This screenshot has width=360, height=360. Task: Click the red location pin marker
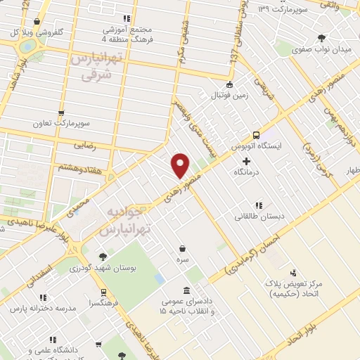[x=181, y=165]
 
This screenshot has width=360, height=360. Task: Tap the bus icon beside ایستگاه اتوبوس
[x=256, y=135]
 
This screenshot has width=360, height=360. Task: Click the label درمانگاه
[x=255, y=171]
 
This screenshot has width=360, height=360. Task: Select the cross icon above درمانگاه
[x=245, y=161]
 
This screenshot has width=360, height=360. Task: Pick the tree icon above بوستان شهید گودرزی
[x=103, y=257]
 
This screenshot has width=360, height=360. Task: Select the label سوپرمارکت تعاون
[x=65, y=123]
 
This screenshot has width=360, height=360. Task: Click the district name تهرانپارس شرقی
[x=92, y=68]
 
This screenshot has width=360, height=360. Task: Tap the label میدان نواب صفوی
[x=321, y=50]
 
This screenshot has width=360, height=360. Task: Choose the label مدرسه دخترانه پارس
[x=41, y=308]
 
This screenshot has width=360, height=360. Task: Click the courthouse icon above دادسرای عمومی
[x=186, y=290]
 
